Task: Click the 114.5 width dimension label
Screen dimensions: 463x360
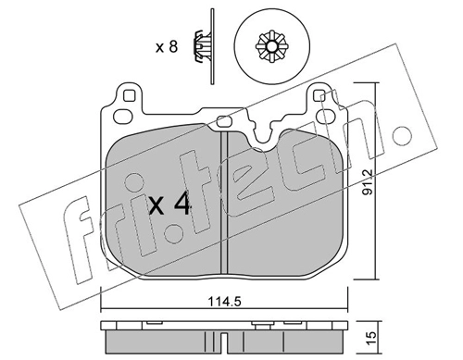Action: point(224,301)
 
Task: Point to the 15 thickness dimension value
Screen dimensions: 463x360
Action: point(371,339)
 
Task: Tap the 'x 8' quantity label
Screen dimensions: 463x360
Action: point(167,47)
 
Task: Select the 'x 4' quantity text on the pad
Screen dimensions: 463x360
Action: point(169,205)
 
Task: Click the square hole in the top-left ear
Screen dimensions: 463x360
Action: point(129,95)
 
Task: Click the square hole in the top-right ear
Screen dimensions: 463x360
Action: point(319,95)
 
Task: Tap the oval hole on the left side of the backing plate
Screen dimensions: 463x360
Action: point(121,116)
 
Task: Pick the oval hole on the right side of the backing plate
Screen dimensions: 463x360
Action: point(327,116)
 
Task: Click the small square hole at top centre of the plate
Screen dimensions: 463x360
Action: point(223,121)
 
